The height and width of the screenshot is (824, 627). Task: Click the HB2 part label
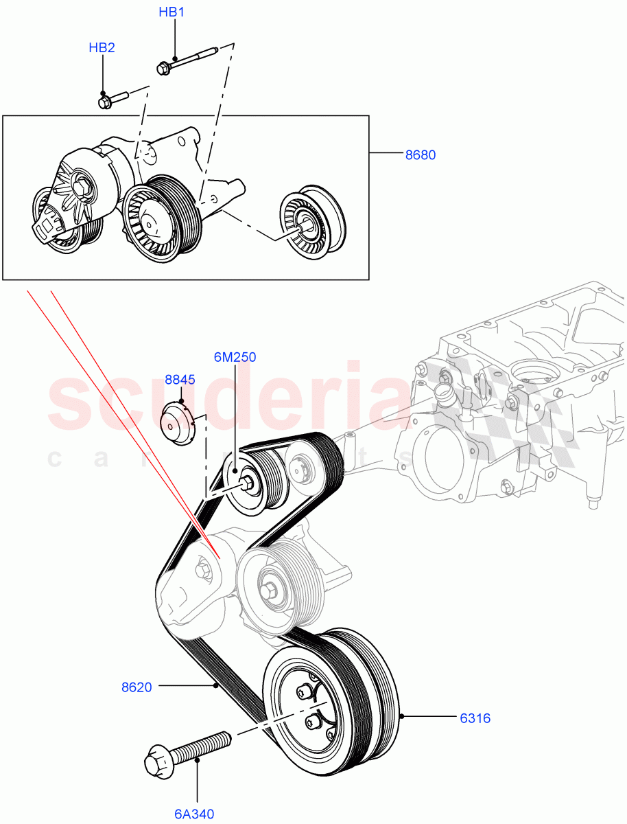[x=102, y=47]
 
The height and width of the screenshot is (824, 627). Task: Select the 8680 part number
[x=420, y=155]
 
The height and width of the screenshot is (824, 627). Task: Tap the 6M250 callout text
[x=235, y=357]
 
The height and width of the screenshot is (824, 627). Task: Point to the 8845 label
[x=180, y=379]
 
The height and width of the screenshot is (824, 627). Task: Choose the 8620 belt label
[x=137, y=685]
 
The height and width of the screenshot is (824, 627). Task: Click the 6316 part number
[x=475, y=718]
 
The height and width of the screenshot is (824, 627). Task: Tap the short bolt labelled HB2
[x=113, y=100]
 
